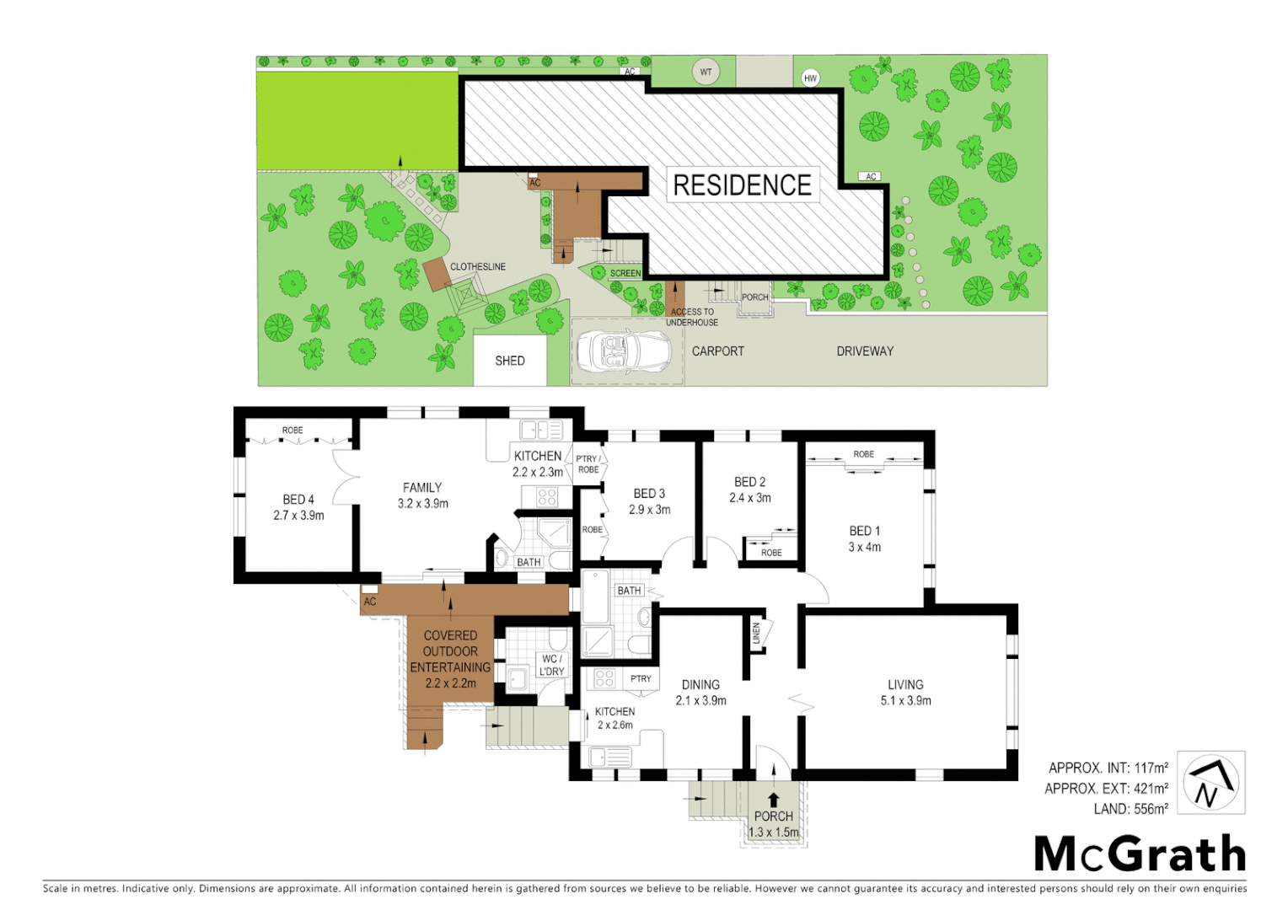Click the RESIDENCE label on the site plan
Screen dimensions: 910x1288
click(x=742, y=185)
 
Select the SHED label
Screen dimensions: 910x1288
click(x=510, y=361)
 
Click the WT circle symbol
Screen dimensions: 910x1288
click(x=706, y=72)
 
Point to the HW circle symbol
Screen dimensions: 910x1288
click(x=810, y=78)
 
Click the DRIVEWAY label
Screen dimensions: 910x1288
click(x=865, y=351)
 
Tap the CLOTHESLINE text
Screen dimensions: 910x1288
click(x=478, y=267)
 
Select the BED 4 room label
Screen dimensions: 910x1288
click(x=298, y=500)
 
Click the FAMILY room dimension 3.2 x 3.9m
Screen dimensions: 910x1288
click(x=423, y=504)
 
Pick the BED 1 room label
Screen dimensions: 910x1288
click(x=864, y=531)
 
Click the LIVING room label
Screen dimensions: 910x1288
click(x=905, y=685)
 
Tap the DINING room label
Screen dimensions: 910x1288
click(x=700, y=685)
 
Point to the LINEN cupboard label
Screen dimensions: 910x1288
click(x=756, y=634)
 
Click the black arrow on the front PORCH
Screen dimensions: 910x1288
click(x=773, y=800)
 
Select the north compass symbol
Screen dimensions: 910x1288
click(x=1210, y=783)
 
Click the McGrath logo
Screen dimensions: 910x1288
click(x=1140, y=854)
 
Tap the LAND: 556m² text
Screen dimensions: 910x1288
click(x=1130, y=809)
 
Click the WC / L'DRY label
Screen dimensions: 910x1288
click(x=552, y=665)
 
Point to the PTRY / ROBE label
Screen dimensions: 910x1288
click(x=588, y=464)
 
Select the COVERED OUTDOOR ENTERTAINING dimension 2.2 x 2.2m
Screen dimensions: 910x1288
click(x=450, y=683)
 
